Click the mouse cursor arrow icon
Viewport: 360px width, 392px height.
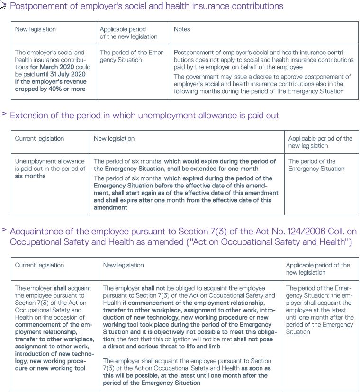tap(3, 5)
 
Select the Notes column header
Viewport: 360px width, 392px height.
tap(182, 29)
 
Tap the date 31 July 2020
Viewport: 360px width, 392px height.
tap(65, 74)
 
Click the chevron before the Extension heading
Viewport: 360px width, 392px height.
tap(4, 114)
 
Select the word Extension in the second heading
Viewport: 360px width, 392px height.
tap(28, 116)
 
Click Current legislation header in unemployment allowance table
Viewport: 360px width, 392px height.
tap(39, 139)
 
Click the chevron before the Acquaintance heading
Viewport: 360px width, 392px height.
tap(4, 230)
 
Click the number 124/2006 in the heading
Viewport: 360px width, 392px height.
tap(282, 232)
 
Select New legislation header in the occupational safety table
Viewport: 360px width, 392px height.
tap(123, 265)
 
